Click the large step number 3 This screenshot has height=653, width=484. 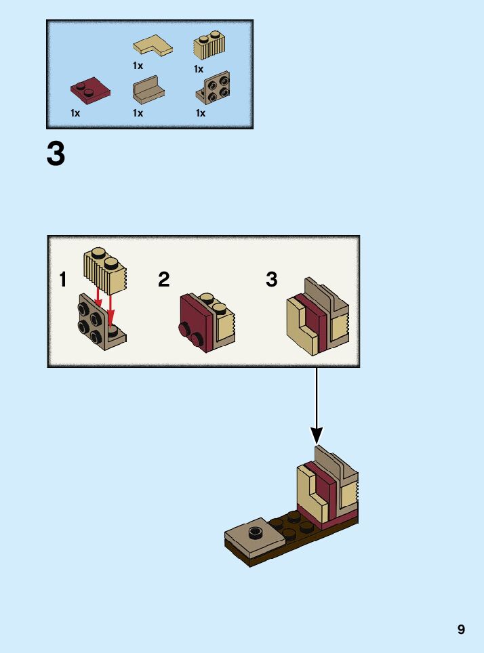pyautogui.click(x=56, y=154)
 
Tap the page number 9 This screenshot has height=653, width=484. pyautogui.click(x=461, y=629)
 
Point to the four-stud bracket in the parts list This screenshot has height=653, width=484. pyautogui.click(x=213, y=89)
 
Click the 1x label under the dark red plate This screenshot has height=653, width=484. pyautogui.click(x=75, y=113)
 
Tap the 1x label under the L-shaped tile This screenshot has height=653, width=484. pyautogui.click(x=138, y=66)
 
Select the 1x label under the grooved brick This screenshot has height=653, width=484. pyautogui.click(x=199, y=69)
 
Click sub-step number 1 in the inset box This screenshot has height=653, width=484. pyautogui.click(x=63, y=280)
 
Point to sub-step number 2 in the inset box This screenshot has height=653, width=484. pyautogui.click(x=163, y=280)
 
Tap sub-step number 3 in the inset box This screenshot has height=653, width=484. pyautogui.click(x=272, y=280)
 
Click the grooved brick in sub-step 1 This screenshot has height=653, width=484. pyautogui.click(x=105, y=268)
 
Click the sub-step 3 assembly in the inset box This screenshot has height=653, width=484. pyautogui.click(x=317, y=317)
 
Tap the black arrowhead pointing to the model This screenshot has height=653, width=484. pyautogui.click(x=317, y=435)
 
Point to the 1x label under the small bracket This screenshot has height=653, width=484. pyautogui.click(x=138, y=113)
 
